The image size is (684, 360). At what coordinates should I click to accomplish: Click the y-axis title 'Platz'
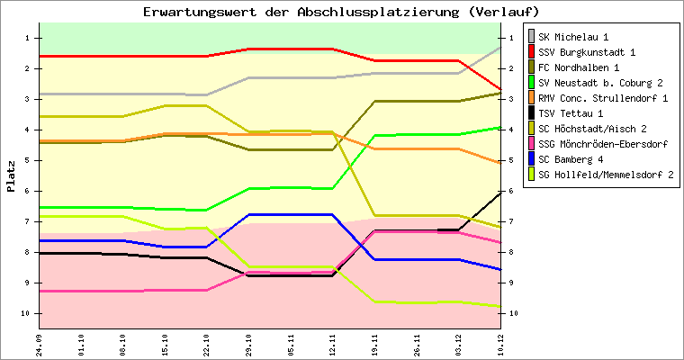pos(11,175)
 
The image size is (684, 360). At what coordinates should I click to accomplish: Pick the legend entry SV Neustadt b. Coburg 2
pos(600,83)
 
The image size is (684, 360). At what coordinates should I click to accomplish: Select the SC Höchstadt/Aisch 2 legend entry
pos(595,128)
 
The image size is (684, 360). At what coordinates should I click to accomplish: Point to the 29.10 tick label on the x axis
pos(249,343)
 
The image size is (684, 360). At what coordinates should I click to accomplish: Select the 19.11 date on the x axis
pos(375,343)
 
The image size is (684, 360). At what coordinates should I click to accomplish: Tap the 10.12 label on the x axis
pos(501,343)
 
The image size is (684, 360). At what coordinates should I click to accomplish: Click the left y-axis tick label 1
pos(28,38)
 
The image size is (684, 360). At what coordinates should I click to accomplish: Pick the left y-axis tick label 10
pos(26,313)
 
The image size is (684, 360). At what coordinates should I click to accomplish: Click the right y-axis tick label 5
pos(512,160)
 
